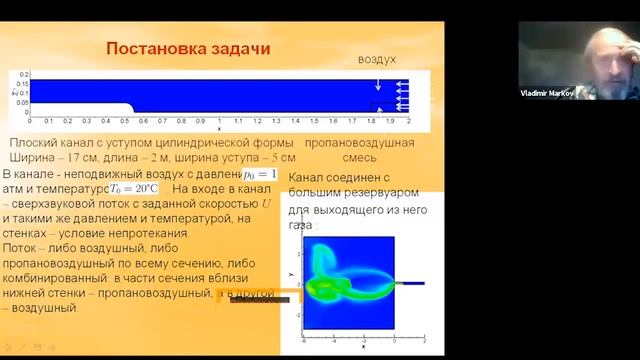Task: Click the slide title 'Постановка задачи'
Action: click(x=188, y=49)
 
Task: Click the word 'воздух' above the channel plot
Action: click(x=377, y=60)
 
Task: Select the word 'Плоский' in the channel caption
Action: click(x=29, y=144)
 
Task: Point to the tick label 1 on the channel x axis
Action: click(x=221, y=120)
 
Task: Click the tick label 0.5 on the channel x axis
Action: click(x=125, y=120)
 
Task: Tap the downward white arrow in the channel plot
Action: click(x=376, y=85)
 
